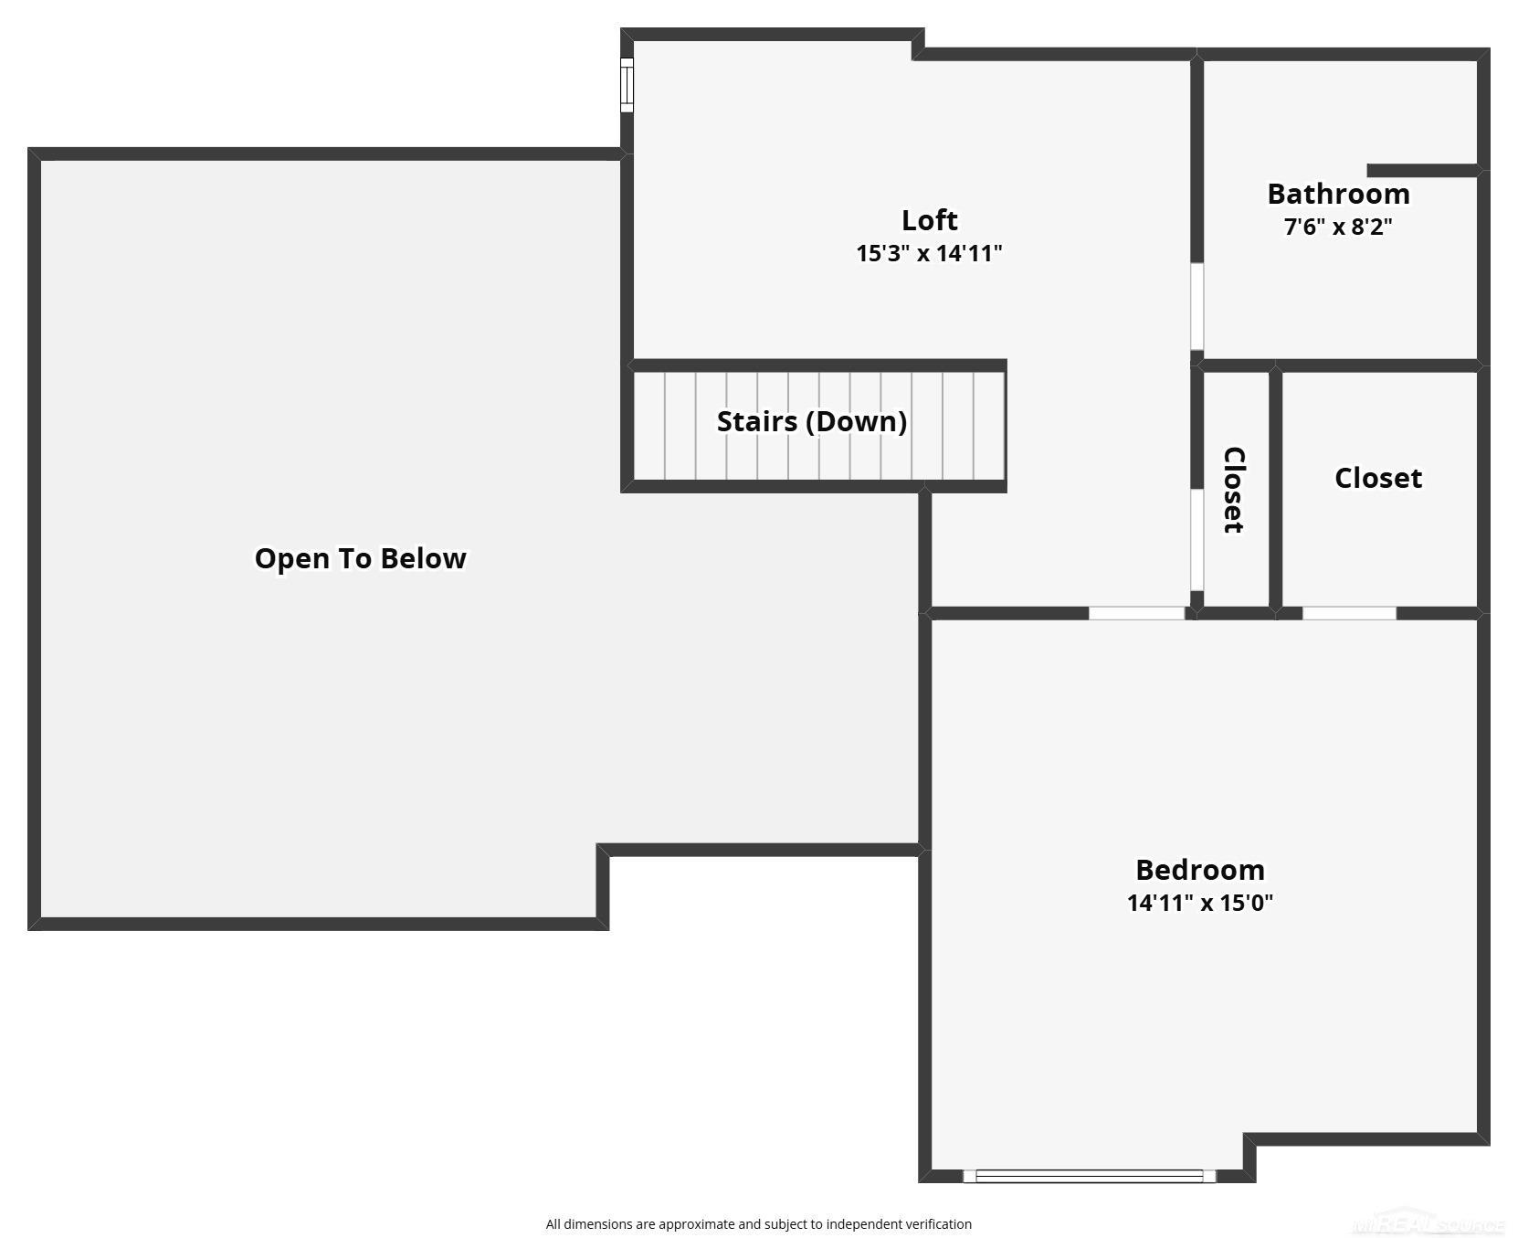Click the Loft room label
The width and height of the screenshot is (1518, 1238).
pyautogui.click(x=929, y=220)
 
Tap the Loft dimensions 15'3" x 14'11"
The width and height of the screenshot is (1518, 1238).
pyautogui.click(x=929, y=253)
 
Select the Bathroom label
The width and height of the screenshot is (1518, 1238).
pyautogui.click(x=1338, y=194)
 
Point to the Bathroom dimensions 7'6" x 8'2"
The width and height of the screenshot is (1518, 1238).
pyautogui.click(x=1338, y=227)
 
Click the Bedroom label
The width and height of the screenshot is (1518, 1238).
pyautogui.click(x=1200, y=869)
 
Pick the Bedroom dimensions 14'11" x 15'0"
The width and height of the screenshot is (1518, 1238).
pyautogui.click(x=1200, y=903)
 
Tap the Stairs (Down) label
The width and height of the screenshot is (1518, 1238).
pyautogui.click(x=812, y=421)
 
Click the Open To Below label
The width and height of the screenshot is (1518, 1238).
pyautogui.click(x=361, y=558)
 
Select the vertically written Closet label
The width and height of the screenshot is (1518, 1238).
pyautogui.click(x=1234, y=490)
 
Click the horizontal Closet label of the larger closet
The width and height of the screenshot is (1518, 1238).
pyautogui.click(x=1378, y=478)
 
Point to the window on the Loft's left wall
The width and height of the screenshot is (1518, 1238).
pyautogui.click(x=627, y=85)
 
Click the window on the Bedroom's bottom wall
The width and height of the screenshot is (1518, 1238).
pyautogui.click(x=1090, y=1176)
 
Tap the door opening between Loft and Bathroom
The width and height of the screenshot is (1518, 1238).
pyautogui.click(x=1196, y=307)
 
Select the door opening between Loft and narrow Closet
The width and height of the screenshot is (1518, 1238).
pyautogui.click(x=1196, y=540)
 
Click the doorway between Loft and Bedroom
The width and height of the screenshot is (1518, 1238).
pyautogui.click(x=1137, y=613)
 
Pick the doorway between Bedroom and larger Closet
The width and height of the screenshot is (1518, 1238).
pyautogui.click(x=1349, y=613)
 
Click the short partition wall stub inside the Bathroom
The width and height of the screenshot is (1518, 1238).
pyautogui.click(x=1422, y=171)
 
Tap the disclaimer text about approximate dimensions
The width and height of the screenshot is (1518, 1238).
pyautogui.click(x=758, y=1224)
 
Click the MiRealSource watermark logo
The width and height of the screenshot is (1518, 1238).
pyautogui.click(x=1429, y=1224)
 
